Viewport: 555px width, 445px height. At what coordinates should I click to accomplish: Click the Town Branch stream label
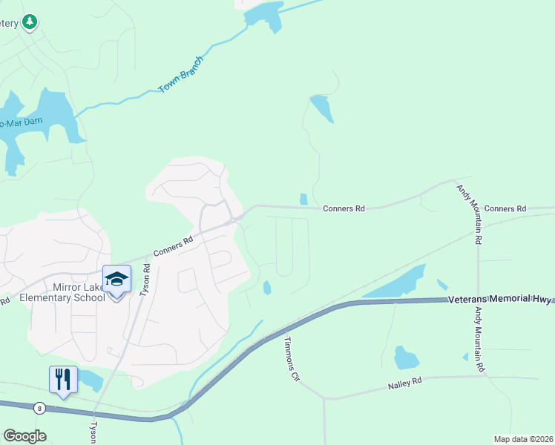pyautogui.click(x=181, y=75)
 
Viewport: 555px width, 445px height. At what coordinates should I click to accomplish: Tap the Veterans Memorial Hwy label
pyautogui.click(x=501, y=299)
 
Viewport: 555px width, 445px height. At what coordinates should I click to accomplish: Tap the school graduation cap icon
pyautogui.click(x=116, y=280)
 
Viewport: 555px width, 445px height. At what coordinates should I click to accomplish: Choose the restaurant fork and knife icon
pyautogui.click(x=63, y=380)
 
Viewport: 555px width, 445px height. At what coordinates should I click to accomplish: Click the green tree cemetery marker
pyautogui.click(x=30, y=22)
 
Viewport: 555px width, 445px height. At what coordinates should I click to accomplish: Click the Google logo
pyautogui.click(x=24, y=436)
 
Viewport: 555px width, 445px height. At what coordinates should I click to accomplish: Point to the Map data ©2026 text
pyautogui.click(x=522, y=439)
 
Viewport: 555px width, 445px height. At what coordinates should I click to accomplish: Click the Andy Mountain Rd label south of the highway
pyautogui.click(x=479, y=340)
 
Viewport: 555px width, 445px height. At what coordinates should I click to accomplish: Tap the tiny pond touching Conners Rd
pyautogui.click(x=303, y=199)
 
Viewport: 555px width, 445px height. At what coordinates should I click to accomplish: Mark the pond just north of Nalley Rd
pyautogui.click(x=406, y=357)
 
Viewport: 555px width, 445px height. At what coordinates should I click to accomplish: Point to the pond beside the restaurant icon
pyautogui.click(x=91, y=380)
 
